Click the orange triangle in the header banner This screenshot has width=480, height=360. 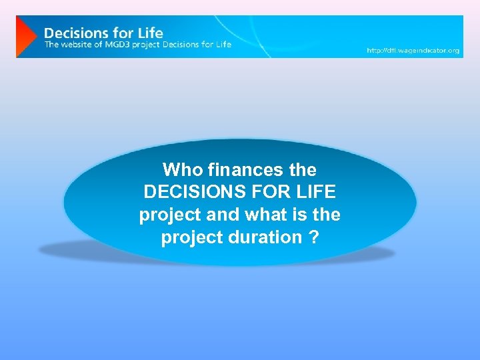tap(25, 37)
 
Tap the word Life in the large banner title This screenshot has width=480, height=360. tap(151, 32)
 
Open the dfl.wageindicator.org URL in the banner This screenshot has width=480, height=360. tap(413, 51)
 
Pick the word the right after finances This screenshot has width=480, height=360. tap(303, 169)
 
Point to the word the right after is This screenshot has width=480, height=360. tap(326, 215)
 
